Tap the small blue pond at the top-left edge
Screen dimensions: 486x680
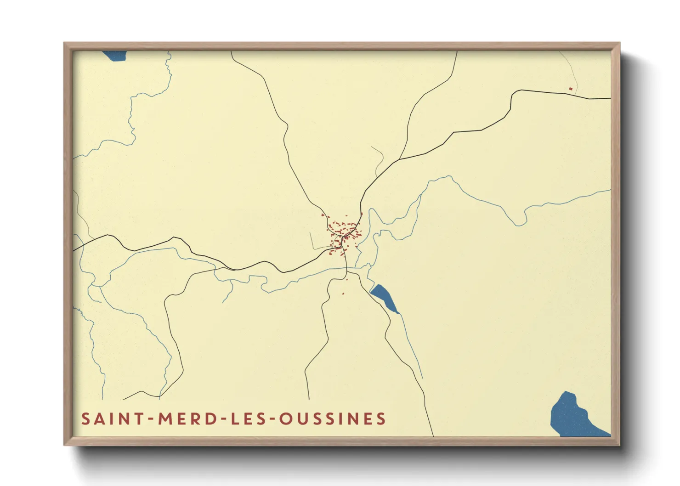[x=114, y=56]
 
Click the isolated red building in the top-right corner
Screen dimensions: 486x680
[x=571, y=89]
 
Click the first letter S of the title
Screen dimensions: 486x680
[x=85, y=419]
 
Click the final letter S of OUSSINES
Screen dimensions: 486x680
[x=381, y=419]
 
